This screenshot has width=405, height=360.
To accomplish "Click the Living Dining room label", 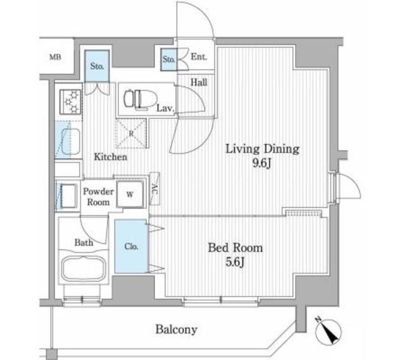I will [262, 150].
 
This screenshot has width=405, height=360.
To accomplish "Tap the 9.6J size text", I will [262, 165].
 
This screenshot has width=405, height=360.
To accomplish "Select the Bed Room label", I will [235, 247].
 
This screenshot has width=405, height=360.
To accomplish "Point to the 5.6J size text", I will [235, 261].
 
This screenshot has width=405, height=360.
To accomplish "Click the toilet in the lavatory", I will [135, 99].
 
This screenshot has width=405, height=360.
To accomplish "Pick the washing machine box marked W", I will [130, 194].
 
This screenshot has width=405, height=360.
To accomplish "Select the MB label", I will [55, 59].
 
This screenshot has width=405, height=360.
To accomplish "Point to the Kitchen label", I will [111, 157].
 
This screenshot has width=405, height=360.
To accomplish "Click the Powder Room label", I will [99, 197].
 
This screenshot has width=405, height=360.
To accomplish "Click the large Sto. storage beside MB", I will [97, 66].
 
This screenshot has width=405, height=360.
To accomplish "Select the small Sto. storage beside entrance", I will [168, 59].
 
